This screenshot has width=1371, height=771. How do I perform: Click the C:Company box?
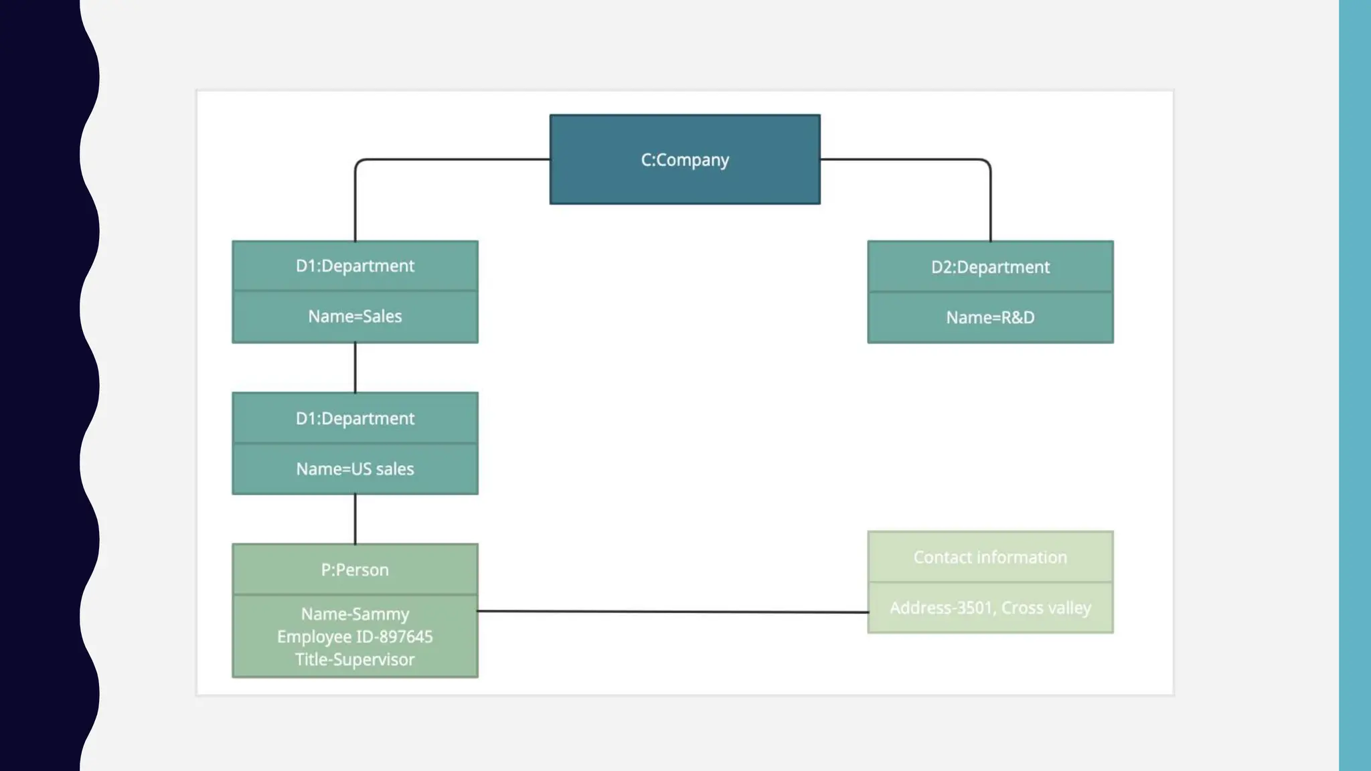(x=684, y=160)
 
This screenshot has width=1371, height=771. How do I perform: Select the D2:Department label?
(x=990, y=267)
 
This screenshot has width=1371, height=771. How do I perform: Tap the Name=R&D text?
(x=990, y=317)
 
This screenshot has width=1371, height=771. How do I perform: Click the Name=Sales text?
(x=355, y=316)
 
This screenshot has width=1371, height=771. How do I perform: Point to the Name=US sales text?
(x=355, y=468)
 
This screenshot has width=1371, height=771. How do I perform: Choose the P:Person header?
(x=355, y=570)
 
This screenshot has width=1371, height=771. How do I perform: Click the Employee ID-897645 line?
(x=355, y=636)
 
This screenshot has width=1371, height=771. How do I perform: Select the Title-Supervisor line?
(x=355, y=659)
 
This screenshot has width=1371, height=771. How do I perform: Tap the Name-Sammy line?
(x=355, y=614)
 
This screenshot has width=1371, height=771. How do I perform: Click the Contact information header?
(x=990, y=557)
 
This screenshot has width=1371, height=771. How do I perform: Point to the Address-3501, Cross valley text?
(x=990, y=608)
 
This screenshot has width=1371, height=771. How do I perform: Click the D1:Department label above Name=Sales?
(x=355, y=266)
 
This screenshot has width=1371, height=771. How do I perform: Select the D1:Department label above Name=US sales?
(x=355, y=418)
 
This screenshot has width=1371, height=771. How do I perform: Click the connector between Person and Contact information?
(x=672, y=611)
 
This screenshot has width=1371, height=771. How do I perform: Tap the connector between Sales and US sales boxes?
(x=355, y=367)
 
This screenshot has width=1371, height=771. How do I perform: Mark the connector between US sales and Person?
(x=355, y=519)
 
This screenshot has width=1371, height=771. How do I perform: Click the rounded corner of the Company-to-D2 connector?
(x=987, y=163)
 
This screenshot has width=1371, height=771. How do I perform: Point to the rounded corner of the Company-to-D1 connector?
(x=359, y=163)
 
